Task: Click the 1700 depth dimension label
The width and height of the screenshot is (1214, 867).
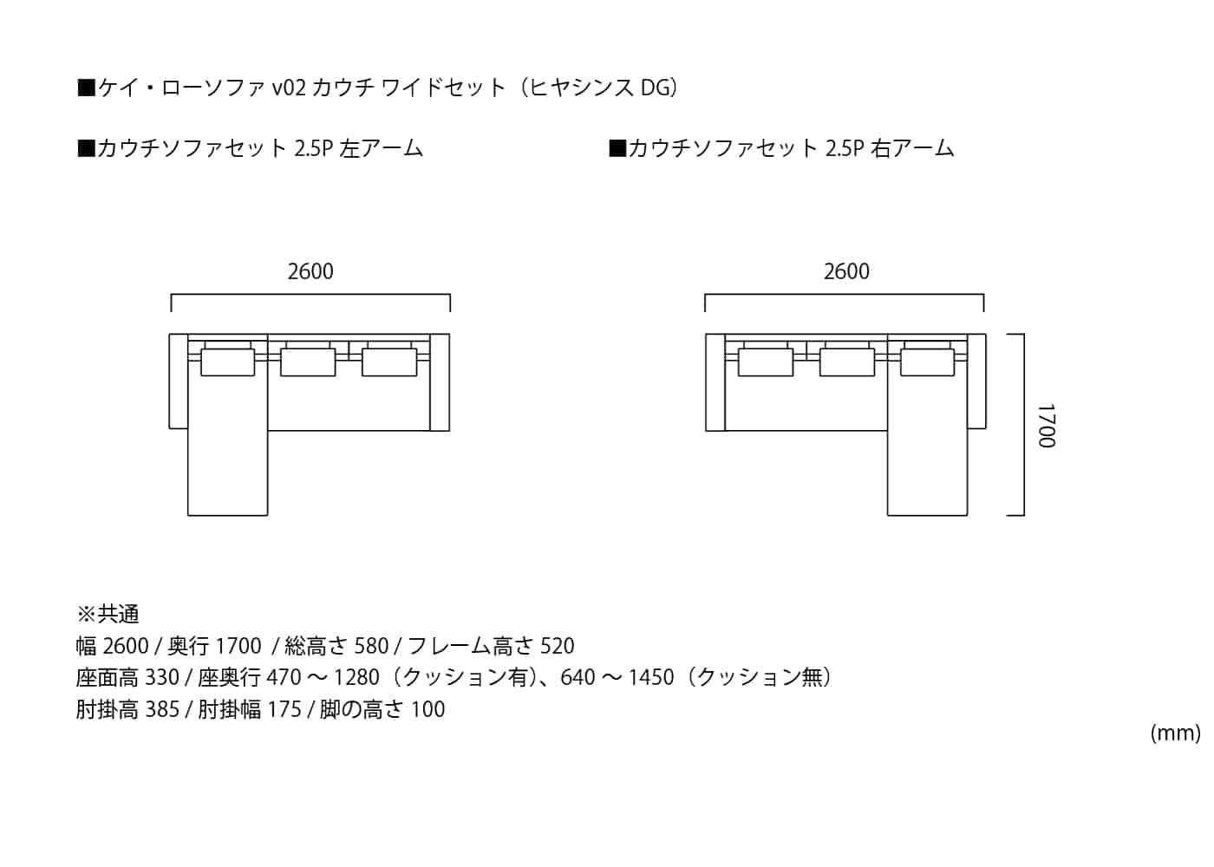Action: (x=1047, y=426)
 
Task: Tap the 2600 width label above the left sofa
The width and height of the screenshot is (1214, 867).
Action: (x=310, y=271)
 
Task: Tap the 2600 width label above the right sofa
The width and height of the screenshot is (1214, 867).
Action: (x=846, y=271)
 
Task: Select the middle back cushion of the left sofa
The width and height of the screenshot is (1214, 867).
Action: (x=308, y=362)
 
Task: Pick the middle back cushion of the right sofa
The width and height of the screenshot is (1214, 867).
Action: (x=847, y=362)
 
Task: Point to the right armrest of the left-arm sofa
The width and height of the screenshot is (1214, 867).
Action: (x=440, y=382)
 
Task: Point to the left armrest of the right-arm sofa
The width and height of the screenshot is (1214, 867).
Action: (x=715, y=382)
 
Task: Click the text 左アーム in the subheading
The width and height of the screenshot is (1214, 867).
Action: (x=381, y=148)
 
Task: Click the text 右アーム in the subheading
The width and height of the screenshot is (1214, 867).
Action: (x=912, y=148)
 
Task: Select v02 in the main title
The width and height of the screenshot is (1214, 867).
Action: (x=289, y=88)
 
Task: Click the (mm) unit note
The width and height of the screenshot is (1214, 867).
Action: (x=1176, y=733)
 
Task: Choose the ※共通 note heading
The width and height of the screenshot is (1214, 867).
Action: (x=108, y=615)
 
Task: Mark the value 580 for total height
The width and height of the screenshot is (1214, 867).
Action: (x=371, y=646)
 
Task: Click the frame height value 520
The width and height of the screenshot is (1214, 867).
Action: (x=557, y=646)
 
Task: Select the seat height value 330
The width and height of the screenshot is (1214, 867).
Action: (x=162, y=677)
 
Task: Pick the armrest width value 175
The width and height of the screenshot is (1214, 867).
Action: (x=284, y=709)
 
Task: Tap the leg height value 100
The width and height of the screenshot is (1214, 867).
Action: (x=428, y=709)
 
